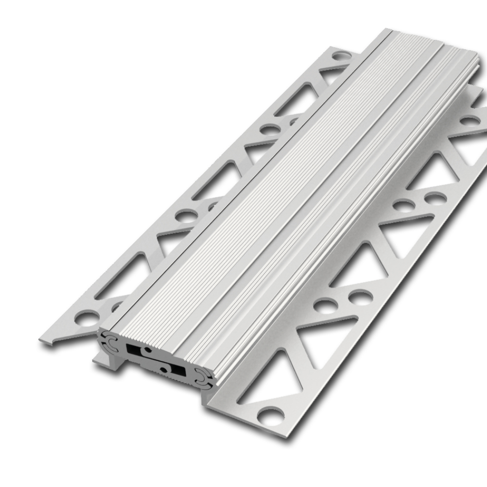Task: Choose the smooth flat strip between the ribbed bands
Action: pyautogui.click(x=312, y=195)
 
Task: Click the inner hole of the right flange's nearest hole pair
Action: pyautogui.click(x=325, y=306)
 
